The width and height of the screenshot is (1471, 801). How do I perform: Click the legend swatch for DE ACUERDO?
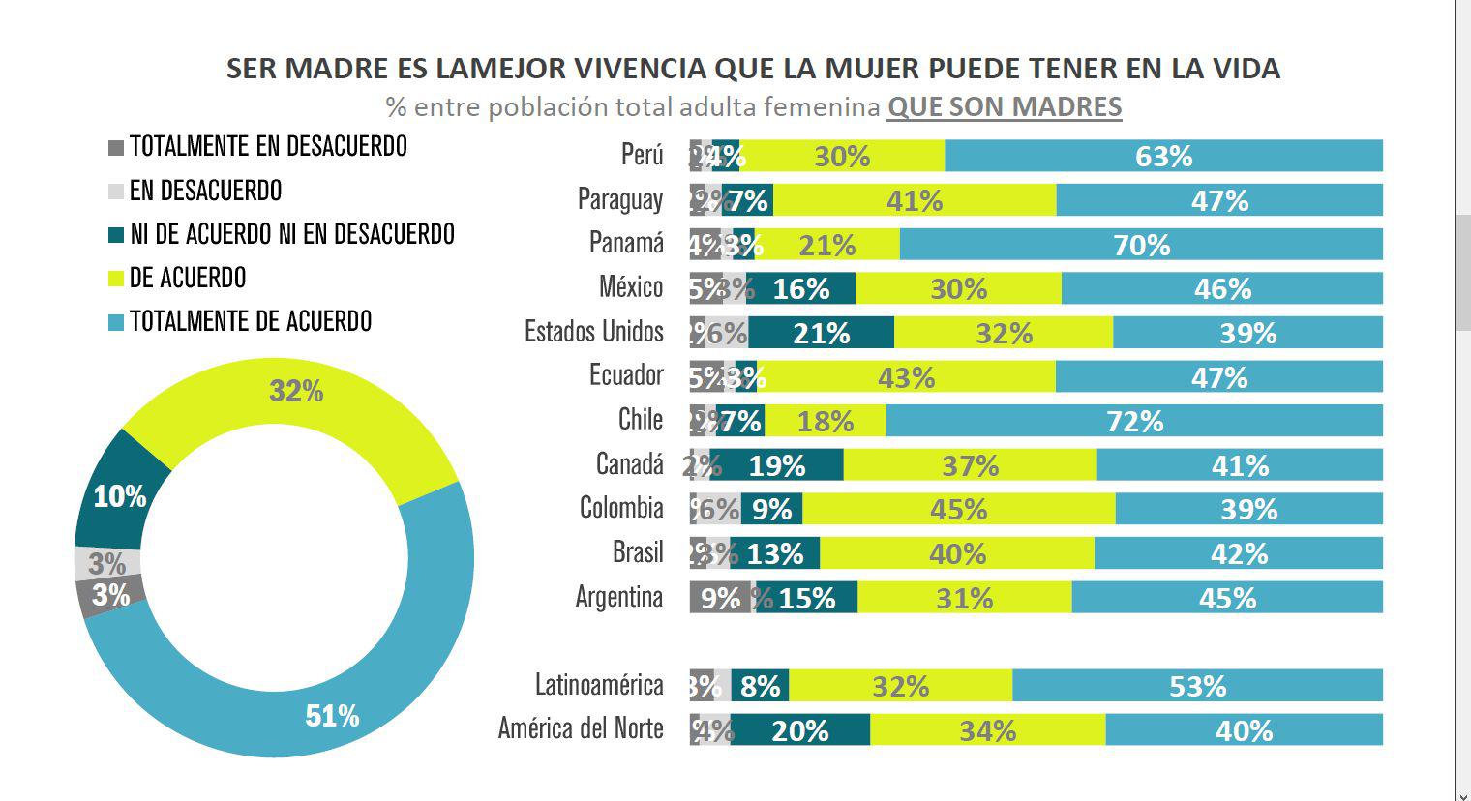116,279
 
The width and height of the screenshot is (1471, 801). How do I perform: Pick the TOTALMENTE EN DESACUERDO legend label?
268,147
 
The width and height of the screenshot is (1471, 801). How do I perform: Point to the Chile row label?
640,420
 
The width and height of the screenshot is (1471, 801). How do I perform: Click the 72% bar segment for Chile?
1134,421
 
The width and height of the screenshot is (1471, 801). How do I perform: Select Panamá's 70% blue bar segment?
1141,245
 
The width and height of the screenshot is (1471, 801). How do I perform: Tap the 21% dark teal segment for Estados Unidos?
821,333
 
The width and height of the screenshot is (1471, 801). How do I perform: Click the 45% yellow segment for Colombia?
958,509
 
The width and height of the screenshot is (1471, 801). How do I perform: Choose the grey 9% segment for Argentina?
719,598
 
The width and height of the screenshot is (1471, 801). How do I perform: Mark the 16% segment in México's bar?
800,288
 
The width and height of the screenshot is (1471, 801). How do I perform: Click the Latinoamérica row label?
599,686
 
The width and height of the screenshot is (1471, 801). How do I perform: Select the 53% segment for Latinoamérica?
1197,686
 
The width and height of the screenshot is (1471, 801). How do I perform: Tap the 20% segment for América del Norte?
799,730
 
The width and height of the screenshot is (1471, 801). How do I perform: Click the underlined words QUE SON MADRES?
1004,106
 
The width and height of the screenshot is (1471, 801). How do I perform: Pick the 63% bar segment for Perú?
1163,157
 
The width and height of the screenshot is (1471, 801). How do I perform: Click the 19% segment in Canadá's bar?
776,465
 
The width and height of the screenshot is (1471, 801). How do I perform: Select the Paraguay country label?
619,200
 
